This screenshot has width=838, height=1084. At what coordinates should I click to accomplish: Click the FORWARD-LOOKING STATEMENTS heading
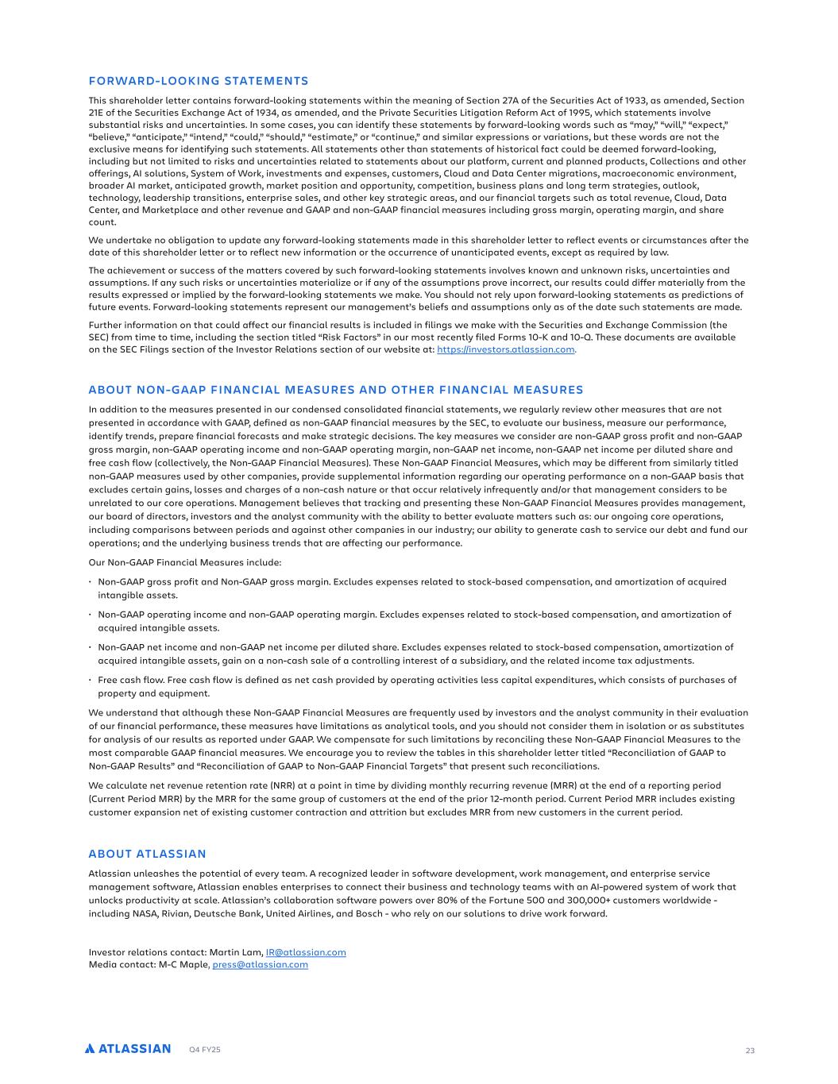pyautogui.click(x=199, y=81)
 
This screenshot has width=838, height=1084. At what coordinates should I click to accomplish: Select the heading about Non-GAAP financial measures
pyautogui.click(x=336, y=390)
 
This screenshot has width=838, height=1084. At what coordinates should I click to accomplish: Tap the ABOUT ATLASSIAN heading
pyautogui.click(x=147, y=854)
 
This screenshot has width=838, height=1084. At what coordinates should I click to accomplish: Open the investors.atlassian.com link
pyautogui.click(x=506, y=349)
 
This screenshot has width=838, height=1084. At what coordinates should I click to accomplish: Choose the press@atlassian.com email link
pyautogui.click(x=260, y=964)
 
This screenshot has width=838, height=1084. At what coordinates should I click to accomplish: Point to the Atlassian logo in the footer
pyautogui.click(x=128, y=1048)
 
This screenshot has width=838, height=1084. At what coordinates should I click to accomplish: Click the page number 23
pyautogui.click(x=750, y=1051)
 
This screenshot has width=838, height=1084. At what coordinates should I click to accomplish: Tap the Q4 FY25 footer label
pyautogui.click(x=205, y=1050)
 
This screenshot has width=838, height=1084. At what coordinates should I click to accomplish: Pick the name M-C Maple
pyautogui.click(x=183, y=964)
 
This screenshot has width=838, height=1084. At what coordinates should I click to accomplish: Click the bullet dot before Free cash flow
pyautogui.click(x=91, y=680)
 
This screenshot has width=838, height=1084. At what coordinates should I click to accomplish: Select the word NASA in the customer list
pyautogui.click(x=145, y=913)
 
